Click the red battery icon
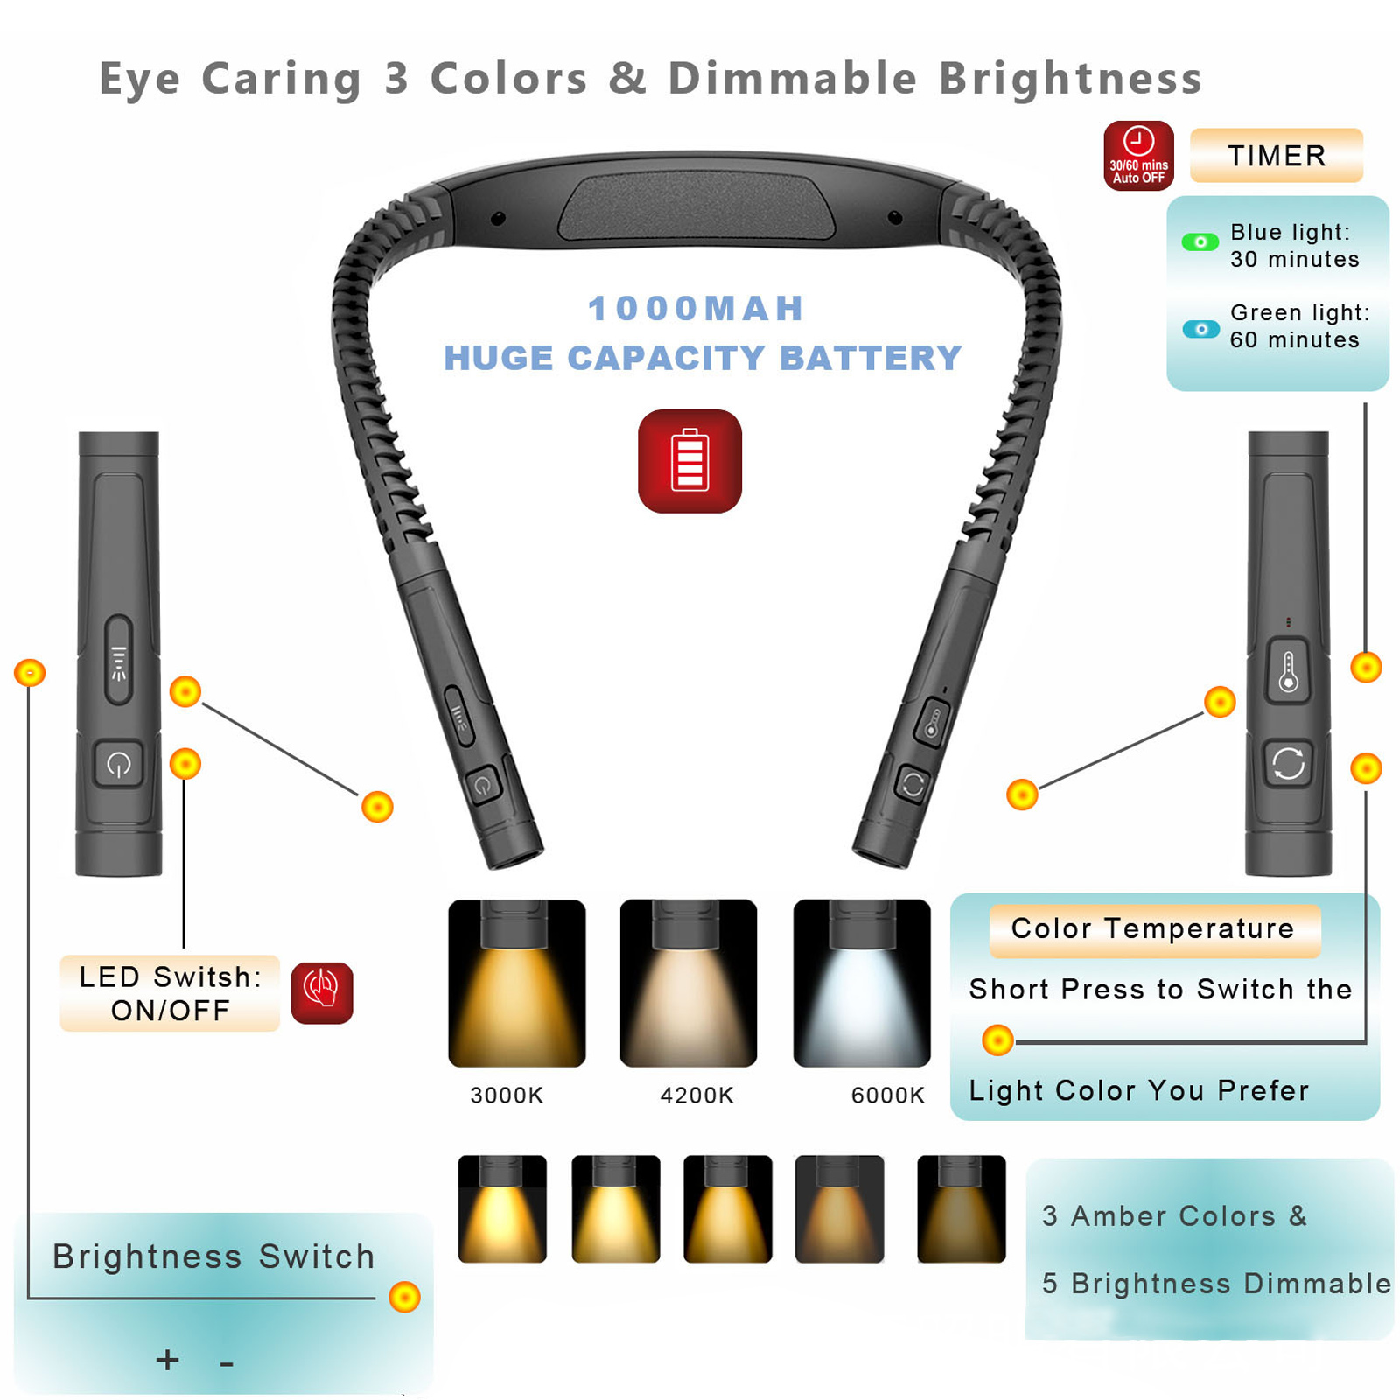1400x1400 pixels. (x=689, y=461)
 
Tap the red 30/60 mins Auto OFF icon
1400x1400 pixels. (x=1138, y=156)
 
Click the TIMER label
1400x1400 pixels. (x=1277, y=156)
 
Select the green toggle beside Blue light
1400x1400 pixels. (x=1200, y=242)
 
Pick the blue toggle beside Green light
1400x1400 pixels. (x=1200, y=329)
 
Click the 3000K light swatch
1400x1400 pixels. (x=516, y=983)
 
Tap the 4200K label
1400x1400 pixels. (x=696, y=1095)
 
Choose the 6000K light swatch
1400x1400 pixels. (x=862, y=983)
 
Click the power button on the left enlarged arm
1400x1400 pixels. (x=119, y=765)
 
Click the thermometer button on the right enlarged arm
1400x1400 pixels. (x=1288, y=671)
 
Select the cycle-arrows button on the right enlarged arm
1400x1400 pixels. (x=1288, y=764)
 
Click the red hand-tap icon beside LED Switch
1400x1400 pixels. (x=322, y=992)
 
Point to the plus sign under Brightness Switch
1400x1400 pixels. (x=167, y=1359)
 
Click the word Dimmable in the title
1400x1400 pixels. (x=793, y=79)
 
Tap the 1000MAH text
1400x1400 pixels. (x=696, y=308)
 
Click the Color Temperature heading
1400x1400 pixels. (x=1153, y=928)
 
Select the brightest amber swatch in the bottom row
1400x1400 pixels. (x=502, y=1208)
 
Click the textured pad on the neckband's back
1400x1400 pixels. (x=696, y=206)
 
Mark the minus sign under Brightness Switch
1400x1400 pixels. (x=227, y=1363)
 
